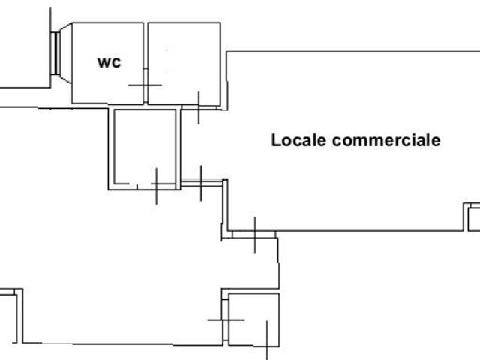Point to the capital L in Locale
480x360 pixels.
[x=275, y=140]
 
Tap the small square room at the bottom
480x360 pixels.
[x=253, y=319]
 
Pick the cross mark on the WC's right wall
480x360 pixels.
[x=145, y=84]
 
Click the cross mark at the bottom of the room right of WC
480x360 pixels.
[x=198, y=106]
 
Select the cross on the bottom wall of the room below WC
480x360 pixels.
[x=155, y=186]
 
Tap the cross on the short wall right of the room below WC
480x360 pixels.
[x=201, y=182]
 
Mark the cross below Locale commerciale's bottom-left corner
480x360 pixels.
[x=254, y=235]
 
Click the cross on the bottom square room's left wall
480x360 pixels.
[x=225, y=319]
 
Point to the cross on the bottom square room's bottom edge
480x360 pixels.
[x=267, y=340]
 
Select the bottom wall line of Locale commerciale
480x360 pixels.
[x=345, y=231]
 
